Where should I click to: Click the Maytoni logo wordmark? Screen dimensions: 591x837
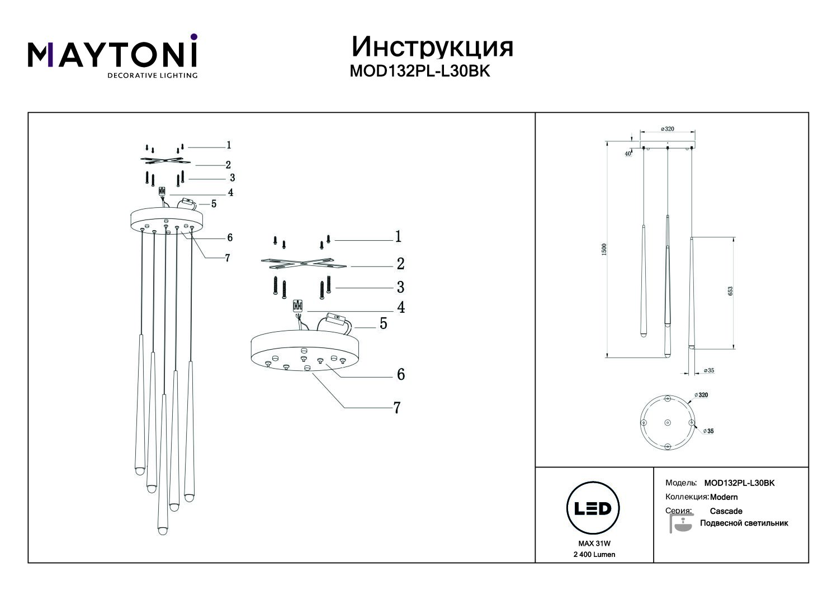tap(112, 55)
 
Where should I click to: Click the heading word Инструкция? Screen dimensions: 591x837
tap(432, 47)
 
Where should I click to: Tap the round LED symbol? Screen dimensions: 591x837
tap(593, 508)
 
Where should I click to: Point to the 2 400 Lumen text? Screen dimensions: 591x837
tap(594, 554)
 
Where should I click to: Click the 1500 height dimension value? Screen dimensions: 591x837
tap(603, 250)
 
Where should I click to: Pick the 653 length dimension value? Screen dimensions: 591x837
tap(730, 292)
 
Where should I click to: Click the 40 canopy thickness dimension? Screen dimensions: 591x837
tap(628, 154)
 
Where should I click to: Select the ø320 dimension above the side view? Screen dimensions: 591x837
tap(668, 129)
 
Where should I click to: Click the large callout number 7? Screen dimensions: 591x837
tap(397, 408)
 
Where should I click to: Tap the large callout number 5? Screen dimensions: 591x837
tap(384, 323)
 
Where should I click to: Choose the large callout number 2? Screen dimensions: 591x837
tap(400, 264)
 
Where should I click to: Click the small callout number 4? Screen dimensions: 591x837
tap(230, 193)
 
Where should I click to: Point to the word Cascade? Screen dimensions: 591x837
tap(726, 511)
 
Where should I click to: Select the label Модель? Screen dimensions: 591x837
tap(681, 483)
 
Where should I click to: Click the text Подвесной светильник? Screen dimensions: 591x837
tap(744, 523)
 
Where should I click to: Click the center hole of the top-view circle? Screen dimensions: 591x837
tap(667, 423)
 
